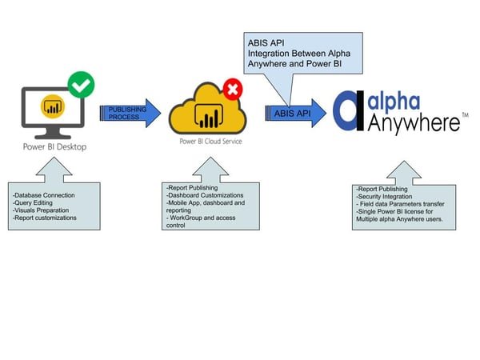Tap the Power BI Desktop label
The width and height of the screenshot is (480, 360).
54,146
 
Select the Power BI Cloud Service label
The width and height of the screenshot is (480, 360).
208,142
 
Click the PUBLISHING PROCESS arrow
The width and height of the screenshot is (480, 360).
130,113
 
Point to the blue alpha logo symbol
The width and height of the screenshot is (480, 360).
349,111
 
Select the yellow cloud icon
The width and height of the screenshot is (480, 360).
206,110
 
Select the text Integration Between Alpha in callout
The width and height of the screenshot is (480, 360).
301,54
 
